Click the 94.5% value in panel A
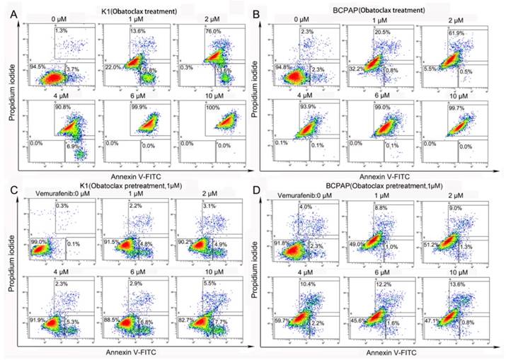pyautogui.click(x=38, y=66)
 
